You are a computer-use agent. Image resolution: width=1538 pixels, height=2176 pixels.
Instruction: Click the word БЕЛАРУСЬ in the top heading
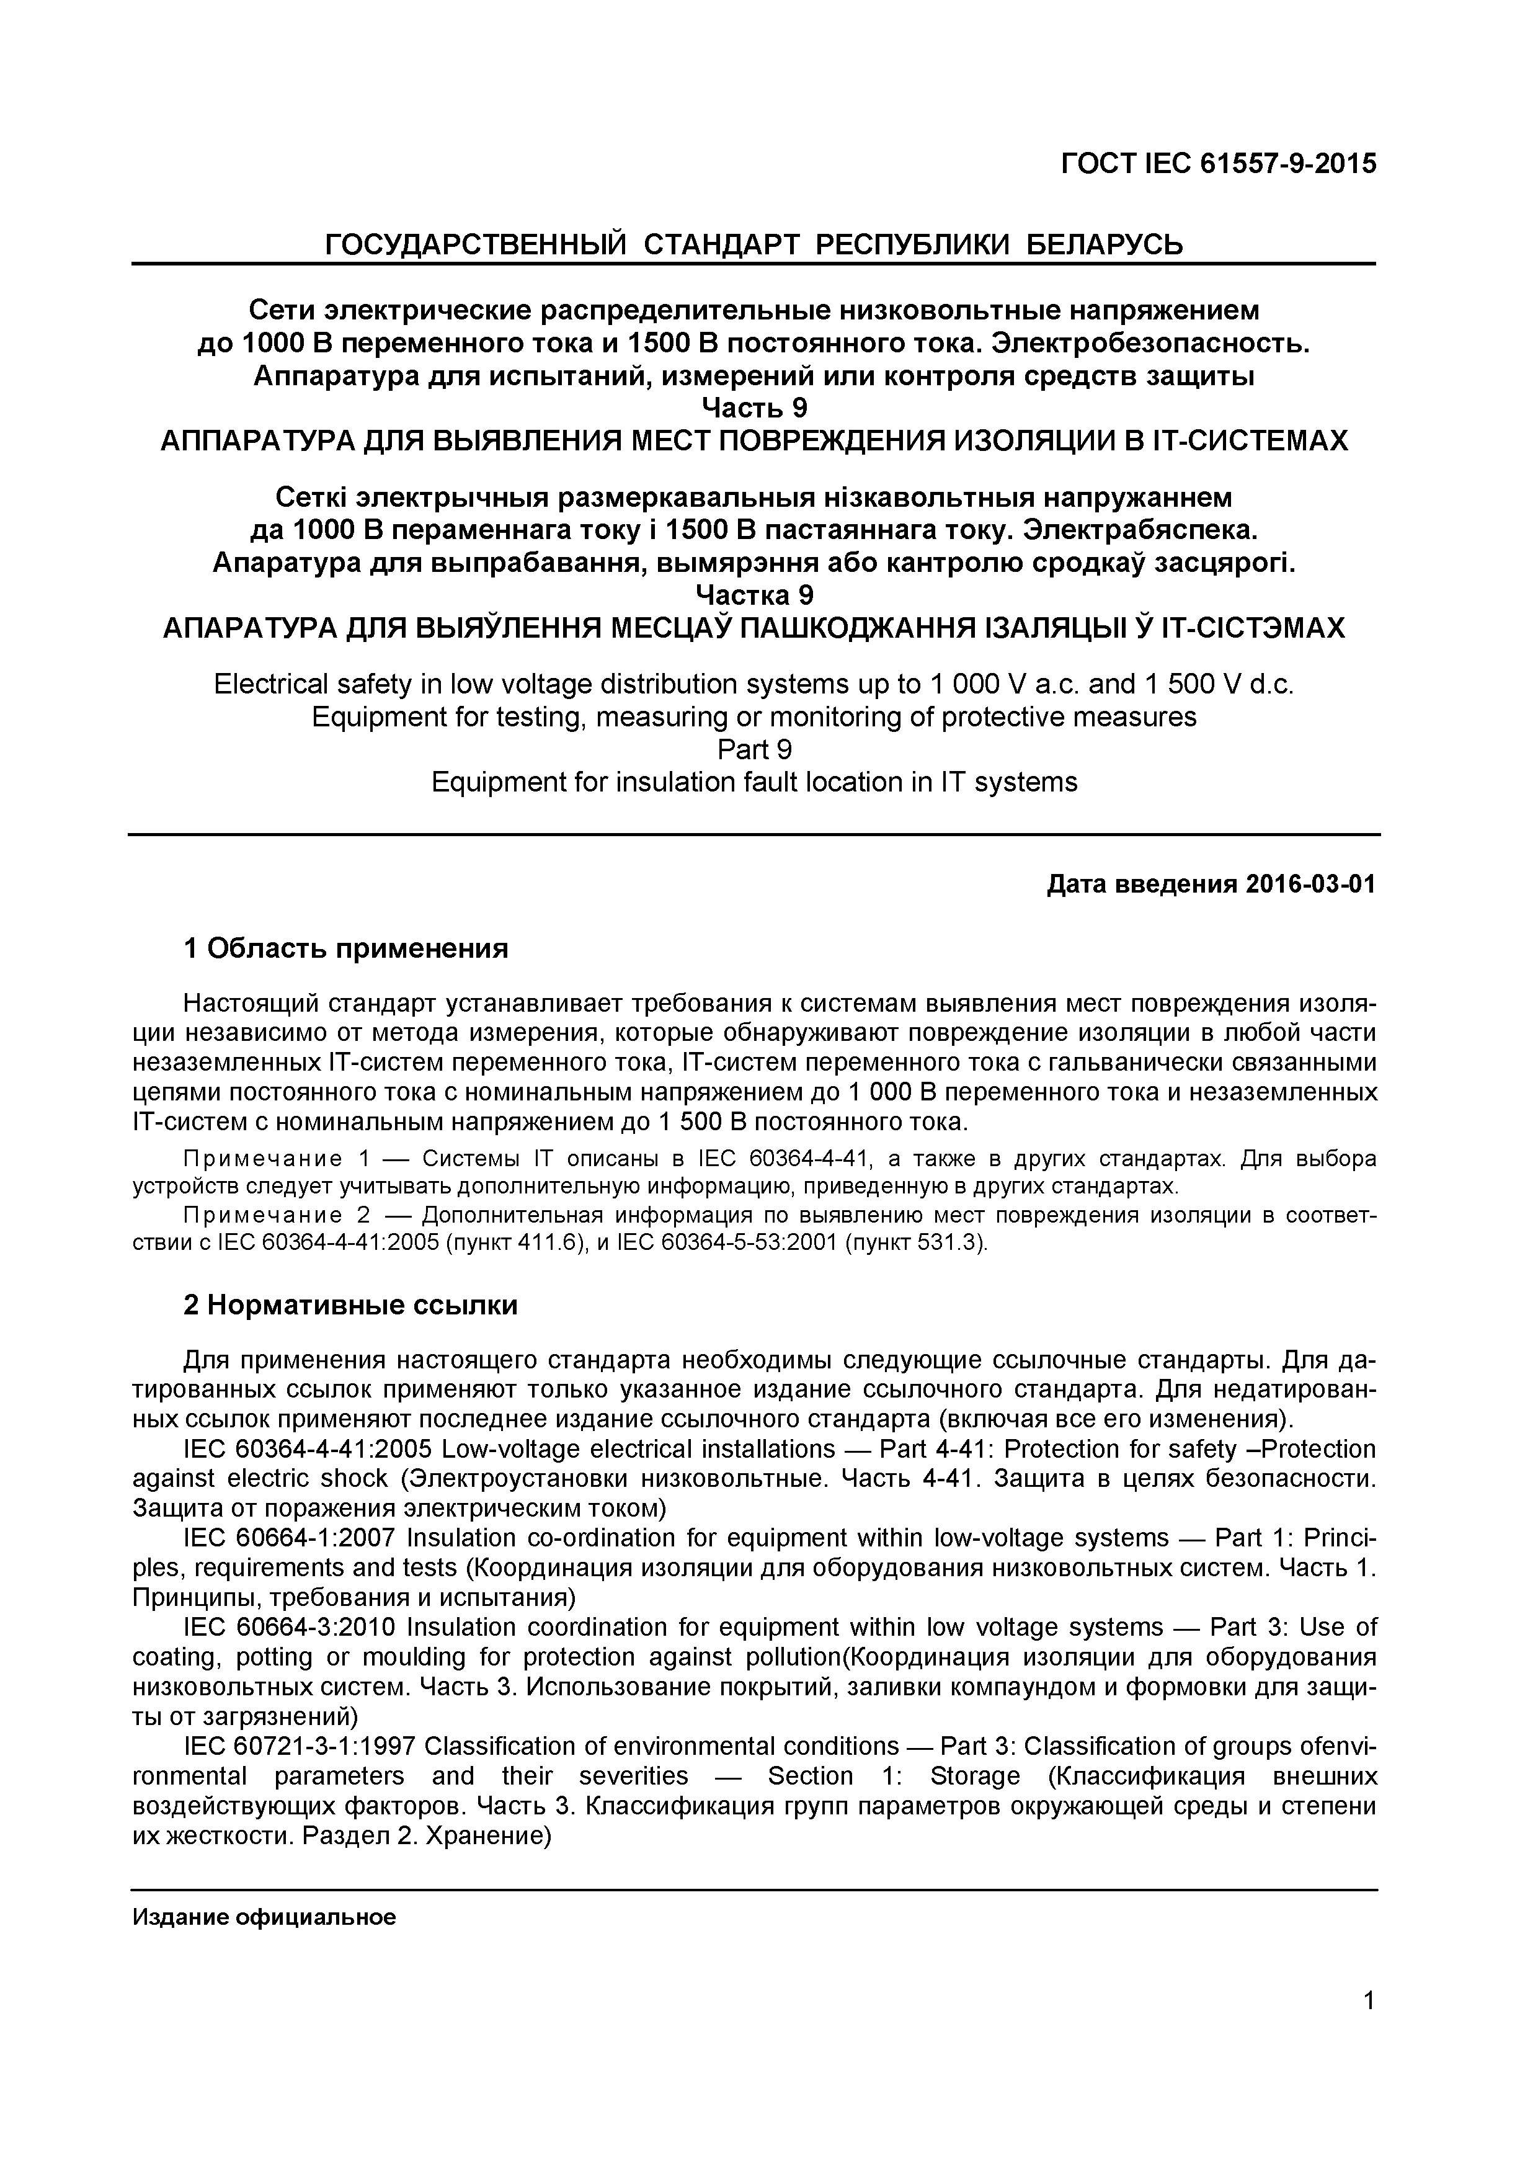click(x=1105, y=246)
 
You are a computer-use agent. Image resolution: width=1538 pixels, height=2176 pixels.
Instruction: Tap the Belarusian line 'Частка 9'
click(x=753, y=595)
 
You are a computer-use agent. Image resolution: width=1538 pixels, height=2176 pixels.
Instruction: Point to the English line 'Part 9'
click(x=753, y=750)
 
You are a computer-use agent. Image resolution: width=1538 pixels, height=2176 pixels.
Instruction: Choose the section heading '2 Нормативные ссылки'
click(x=350, y=1306)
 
